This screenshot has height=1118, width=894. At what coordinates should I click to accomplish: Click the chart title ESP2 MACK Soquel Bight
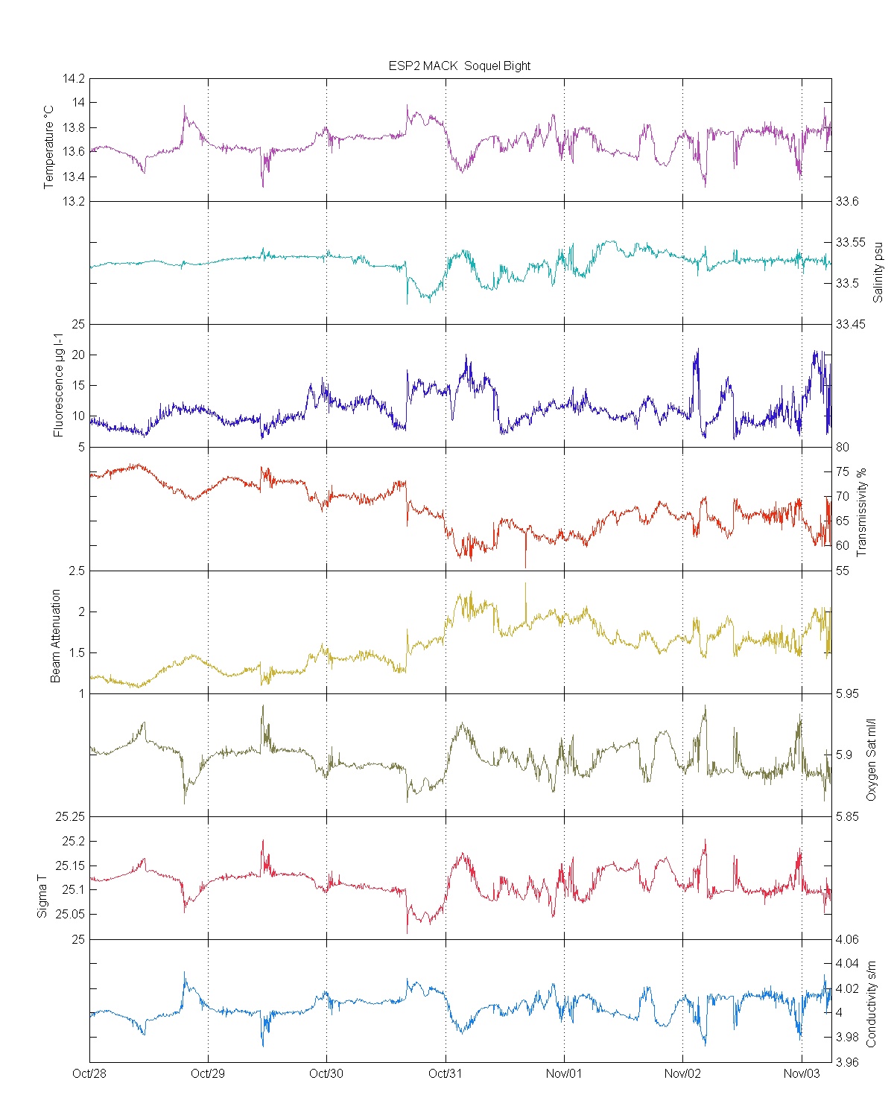pos(459,66)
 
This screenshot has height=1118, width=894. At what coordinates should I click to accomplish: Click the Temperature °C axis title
pos(49,147)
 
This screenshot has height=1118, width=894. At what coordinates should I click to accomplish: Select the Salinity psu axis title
pos(878,271)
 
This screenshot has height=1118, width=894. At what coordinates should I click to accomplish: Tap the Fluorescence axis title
pos(58,385)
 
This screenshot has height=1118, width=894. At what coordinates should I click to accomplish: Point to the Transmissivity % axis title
pos(862,512)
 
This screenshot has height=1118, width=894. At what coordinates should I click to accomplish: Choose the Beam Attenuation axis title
pos(56,636)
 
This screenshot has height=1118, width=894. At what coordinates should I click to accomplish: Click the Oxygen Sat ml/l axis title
pos(870,760)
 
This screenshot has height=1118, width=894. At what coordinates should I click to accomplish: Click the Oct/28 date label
pos(89,1073)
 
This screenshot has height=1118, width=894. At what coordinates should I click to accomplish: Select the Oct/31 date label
pos(446,1073)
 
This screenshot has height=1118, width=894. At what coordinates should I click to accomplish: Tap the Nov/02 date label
pos(682,1073)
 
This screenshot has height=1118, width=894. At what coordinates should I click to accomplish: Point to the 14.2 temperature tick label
pos(74,78)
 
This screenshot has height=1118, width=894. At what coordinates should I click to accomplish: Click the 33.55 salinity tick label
pos(850,242)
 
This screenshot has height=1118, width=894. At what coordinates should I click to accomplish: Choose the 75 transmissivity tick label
pos(842,471)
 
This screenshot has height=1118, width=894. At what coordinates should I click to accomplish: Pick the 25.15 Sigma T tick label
pos(72,866)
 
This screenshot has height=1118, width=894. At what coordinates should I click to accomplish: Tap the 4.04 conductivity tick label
pos(847,964)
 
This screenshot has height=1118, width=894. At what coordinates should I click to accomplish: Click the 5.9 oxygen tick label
pos(843,755)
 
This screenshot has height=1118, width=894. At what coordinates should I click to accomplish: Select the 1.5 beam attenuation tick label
pos(77,652)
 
